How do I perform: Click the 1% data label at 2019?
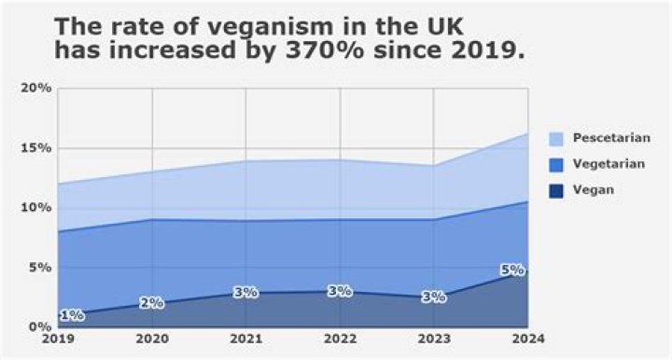coord(72,315)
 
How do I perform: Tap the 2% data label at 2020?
coord(152,303)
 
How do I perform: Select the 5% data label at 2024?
coord(512,270)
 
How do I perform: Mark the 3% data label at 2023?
coord(433,298)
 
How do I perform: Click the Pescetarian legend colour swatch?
coord(556,138)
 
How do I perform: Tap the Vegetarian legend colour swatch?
coord(556,164)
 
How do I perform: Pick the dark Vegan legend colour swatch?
coord(556,190)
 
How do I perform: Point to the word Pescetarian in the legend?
coord(612,138)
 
